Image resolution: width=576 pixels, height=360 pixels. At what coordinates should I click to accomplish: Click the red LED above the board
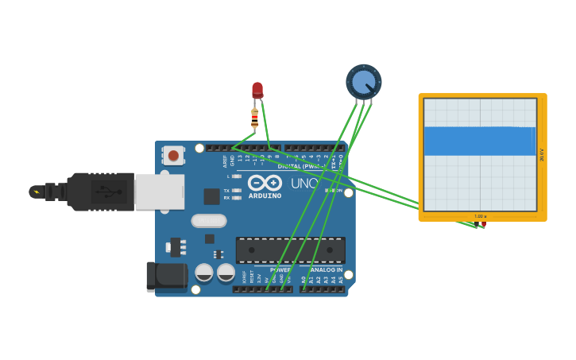pyautogui.click(x=257, y=90)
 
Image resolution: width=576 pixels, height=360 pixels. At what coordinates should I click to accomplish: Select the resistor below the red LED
pyautogui.click(x=254, y=118)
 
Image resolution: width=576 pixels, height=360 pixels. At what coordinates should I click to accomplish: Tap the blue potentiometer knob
pyautogui.click(x=363, y=82)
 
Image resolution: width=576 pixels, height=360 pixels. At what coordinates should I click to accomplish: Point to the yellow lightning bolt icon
pyautogui.click(x=36, y=192)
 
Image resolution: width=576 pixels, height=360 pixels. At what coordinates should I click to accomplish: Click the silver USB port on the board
pyautogui.click(x=159, y=192)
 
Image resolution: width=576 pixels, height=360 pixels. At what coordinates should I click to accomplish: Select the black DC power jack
pyautogui.click(x=166, y=276)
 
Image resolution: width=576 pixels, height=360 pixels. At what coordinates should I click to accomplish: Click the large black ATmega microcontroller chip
pyautogui.click(x=290, y=250)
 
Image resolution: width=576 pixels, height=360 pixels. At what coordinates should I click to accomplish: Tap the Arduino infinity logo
pyautogui.click(x=265, y=183)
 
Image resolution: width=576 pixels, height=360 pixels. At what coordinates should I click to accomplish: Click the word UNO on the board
pyautogui.click(x=305, y=183)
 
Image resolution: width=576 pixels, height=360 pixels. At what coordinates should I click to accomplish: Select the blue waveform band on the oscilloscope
pyautogui.click(x=480, y=141)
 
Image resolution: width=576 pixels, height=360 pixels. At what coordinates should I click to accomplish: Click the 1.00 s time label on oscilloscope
pyautogui.click(x=480, y=216)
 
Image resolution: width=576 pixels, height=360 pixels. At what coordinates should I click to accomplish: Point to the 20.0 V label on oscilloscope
pyautogui.click(x=542, y=154)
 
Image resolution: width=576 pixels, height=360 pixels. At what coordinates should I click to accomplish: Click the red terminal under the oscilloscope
pyautogui.click(x=483, y=225)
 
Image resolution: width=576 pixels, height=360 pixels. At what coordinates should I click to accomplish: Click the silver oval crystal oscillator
pyautogui.click(x=209, y=221)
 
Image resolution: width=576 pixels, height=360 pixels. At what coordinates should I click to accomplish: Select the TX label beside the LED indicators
pyautogui.click(x=226, y=191)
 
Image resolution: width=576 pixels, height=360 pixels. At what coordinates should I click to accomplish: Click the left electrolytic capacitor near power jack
pyautogui.click(x=204, y=273)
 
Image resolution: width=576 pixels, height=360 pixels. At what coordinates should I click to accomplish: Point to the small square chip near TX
pyautogui.click(x=211, y=196)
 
